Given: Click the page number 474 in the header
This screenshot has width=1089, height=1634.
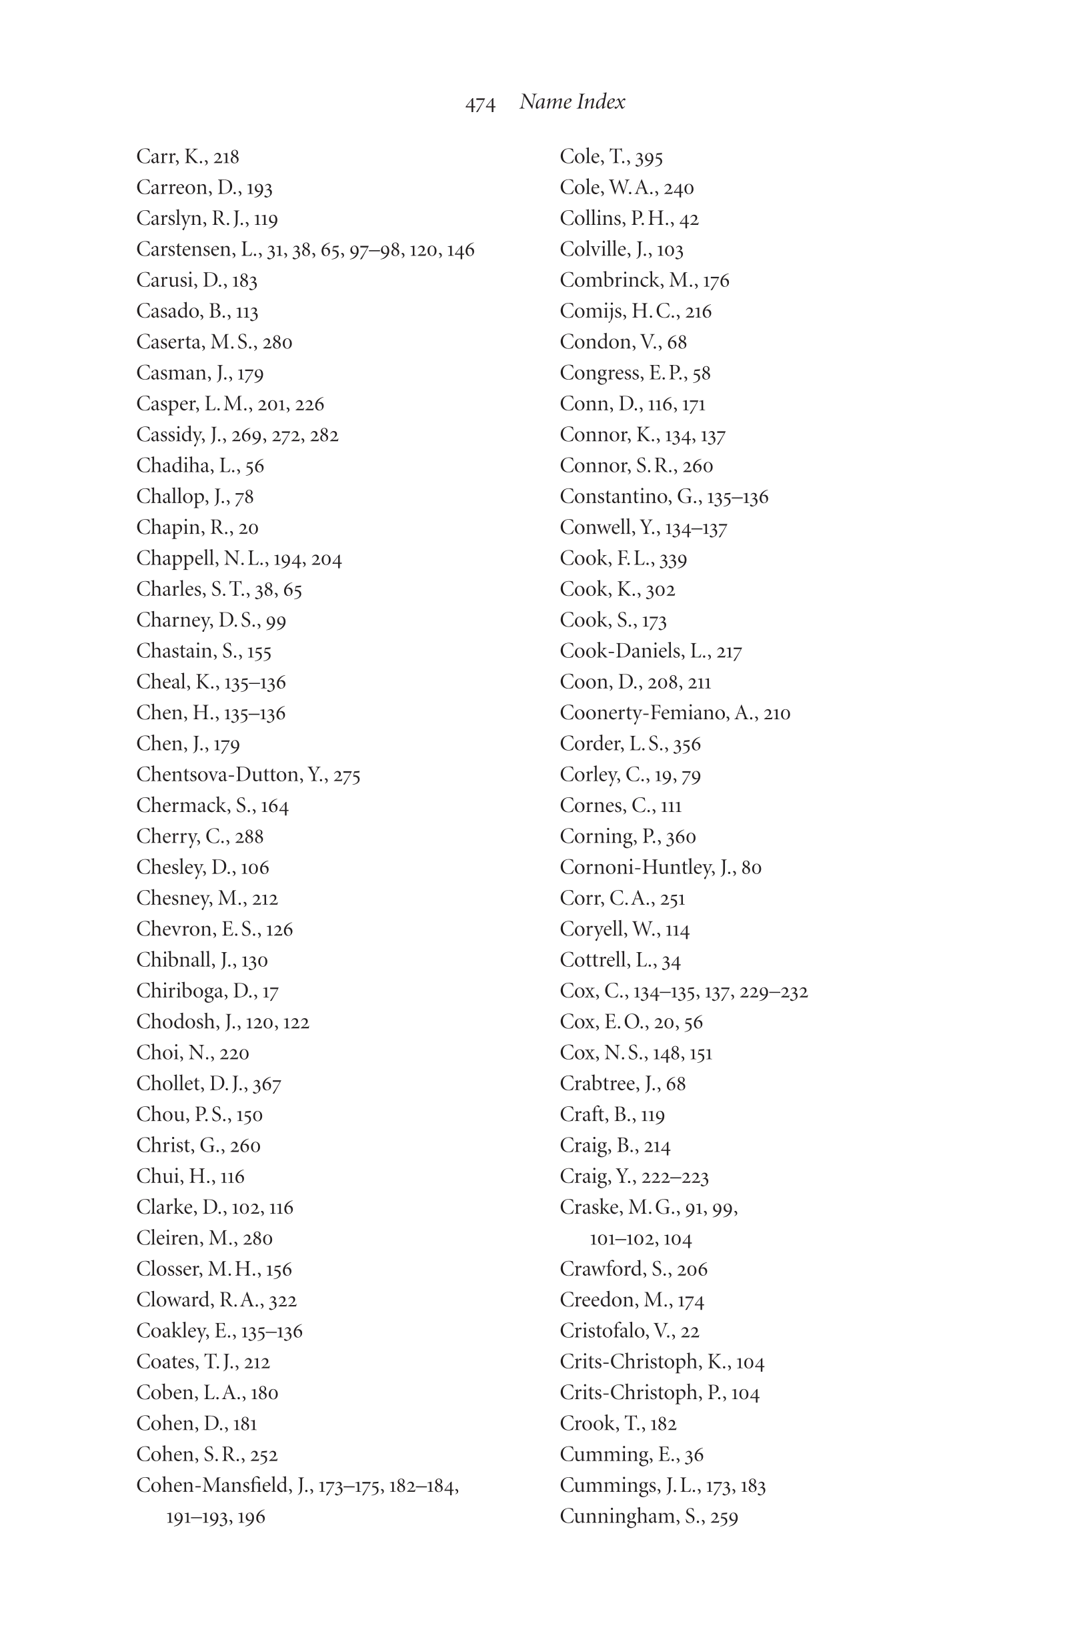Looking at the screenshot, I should pyautogui.click(x=480, y=104).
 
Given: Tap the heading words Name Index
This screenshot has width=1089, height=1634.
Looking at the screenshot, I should pyautogui.click(x=572, y=102).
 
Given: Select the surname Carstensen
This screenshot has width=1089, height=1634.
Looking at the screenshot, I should pyautogui.click(x=184, y=250).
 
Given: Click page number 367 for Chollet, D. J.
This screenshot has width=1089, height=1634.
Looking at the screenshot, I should pyautogui.click(x=267, y=1084).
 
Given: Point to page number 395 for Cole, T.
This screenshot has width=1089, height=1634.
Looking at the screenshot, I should pyautogui.click(x=649, y=157).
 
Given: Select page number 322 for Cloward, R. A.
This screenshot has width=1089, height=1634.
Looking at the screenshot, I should pyautogui.click(x=283, y=1300).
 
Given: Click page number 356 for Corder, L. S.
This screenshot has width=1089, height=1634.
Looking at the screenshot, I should pyautogui.click(x=687, y=744).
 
